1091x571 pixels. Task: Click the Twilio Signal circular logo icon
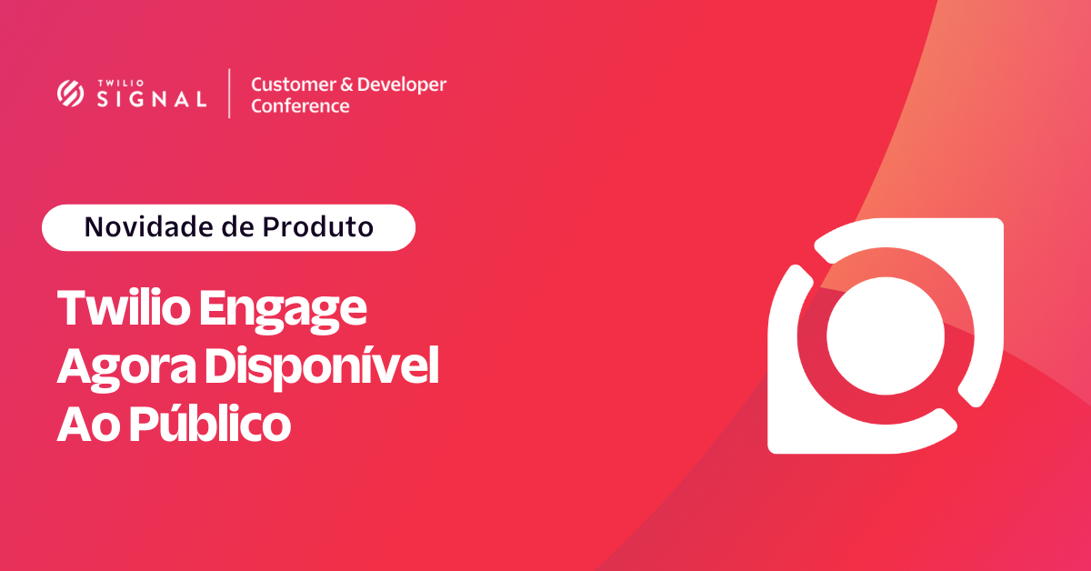(71, 93)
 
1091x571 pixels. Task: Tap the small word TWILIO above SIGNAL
(121, 84)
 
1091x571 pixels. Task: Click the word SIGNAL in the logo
(152, 99)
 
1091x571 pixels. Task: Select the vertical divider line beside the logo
(229, 94)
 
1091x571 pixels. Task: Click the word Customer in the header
(294, 85)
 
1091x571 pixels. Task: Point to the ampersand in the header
(346, 85)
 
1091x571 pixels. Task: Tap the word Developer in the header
(402, 85)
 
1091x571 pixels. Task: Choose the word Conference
(300, 106)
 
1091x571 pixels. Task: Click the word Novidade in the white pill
(150, 227)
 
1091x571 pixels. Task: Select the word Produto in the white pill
(318, 227)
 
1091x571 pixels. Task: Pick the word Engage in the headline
(283, 311)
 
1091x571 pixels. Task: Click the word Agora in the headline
(126, 368)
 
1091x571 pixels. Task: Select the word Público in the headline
(210, 423)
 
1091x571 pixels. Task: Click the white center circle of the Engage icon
(886, 336)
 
